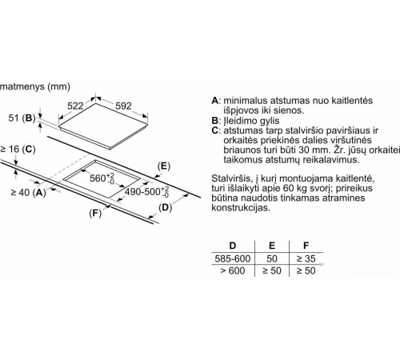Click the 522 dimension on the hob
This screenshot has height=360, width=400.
(75, 106)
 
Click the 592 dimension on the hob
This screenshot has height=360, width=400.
(123, 106)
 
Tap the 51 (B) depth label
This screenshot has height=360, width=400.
(22, 118)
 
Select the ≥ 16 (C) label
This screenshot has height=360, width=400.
(18, 149)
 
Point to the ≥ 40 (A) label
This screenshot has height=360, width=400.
(28, 192)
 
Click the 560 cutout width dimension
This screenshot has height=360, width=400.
(102, 178)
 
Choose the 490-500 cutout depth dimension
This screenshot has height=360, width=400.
(147, 191)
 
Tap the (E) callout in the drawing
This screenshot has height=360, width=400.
(164, 166)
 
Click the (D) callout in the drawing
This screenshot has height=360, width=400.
(166, 207)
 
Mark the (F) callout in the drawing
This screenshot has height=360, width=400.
(95, 214)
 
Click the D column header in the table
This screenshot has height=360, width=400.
(233, 246)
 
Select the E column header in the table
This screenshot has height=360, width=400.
(272, 246)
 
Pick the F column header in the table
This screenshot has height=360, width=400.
(306, 246)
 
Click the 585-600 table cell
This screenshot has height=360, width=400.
(233, 258)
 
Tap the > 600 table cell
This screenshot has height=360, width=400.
(233, 270)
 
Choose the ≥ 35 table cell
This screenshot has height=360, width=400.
(306, 258)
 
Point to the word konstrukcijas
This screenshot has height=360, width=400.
(241, 208)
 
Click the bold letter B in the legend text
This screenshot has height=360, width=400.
(214, 121)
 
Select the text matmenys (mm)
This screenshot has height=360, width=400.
(35, 86)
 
